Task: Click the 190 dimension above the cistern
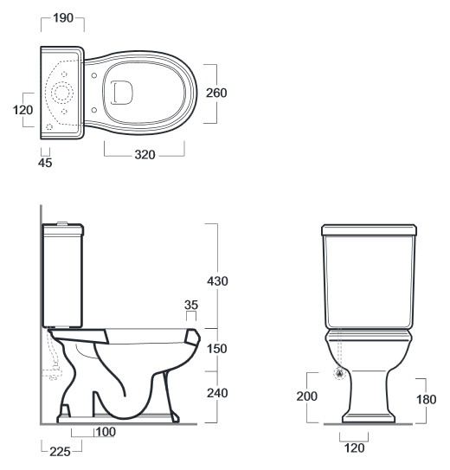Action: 63,18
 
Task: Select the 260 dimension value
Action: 216,93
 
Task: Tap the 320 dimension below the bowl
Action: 145,155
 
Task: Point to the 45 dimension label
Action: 45,163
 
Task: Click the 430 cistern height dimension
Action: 217,281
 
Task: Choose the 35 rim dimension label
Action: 191,305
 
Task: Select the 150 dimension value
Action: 217,349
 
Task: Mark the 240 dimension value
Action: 217,393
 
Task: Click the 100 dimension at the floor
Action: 106,432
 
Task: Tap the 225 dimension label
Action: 60,452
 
